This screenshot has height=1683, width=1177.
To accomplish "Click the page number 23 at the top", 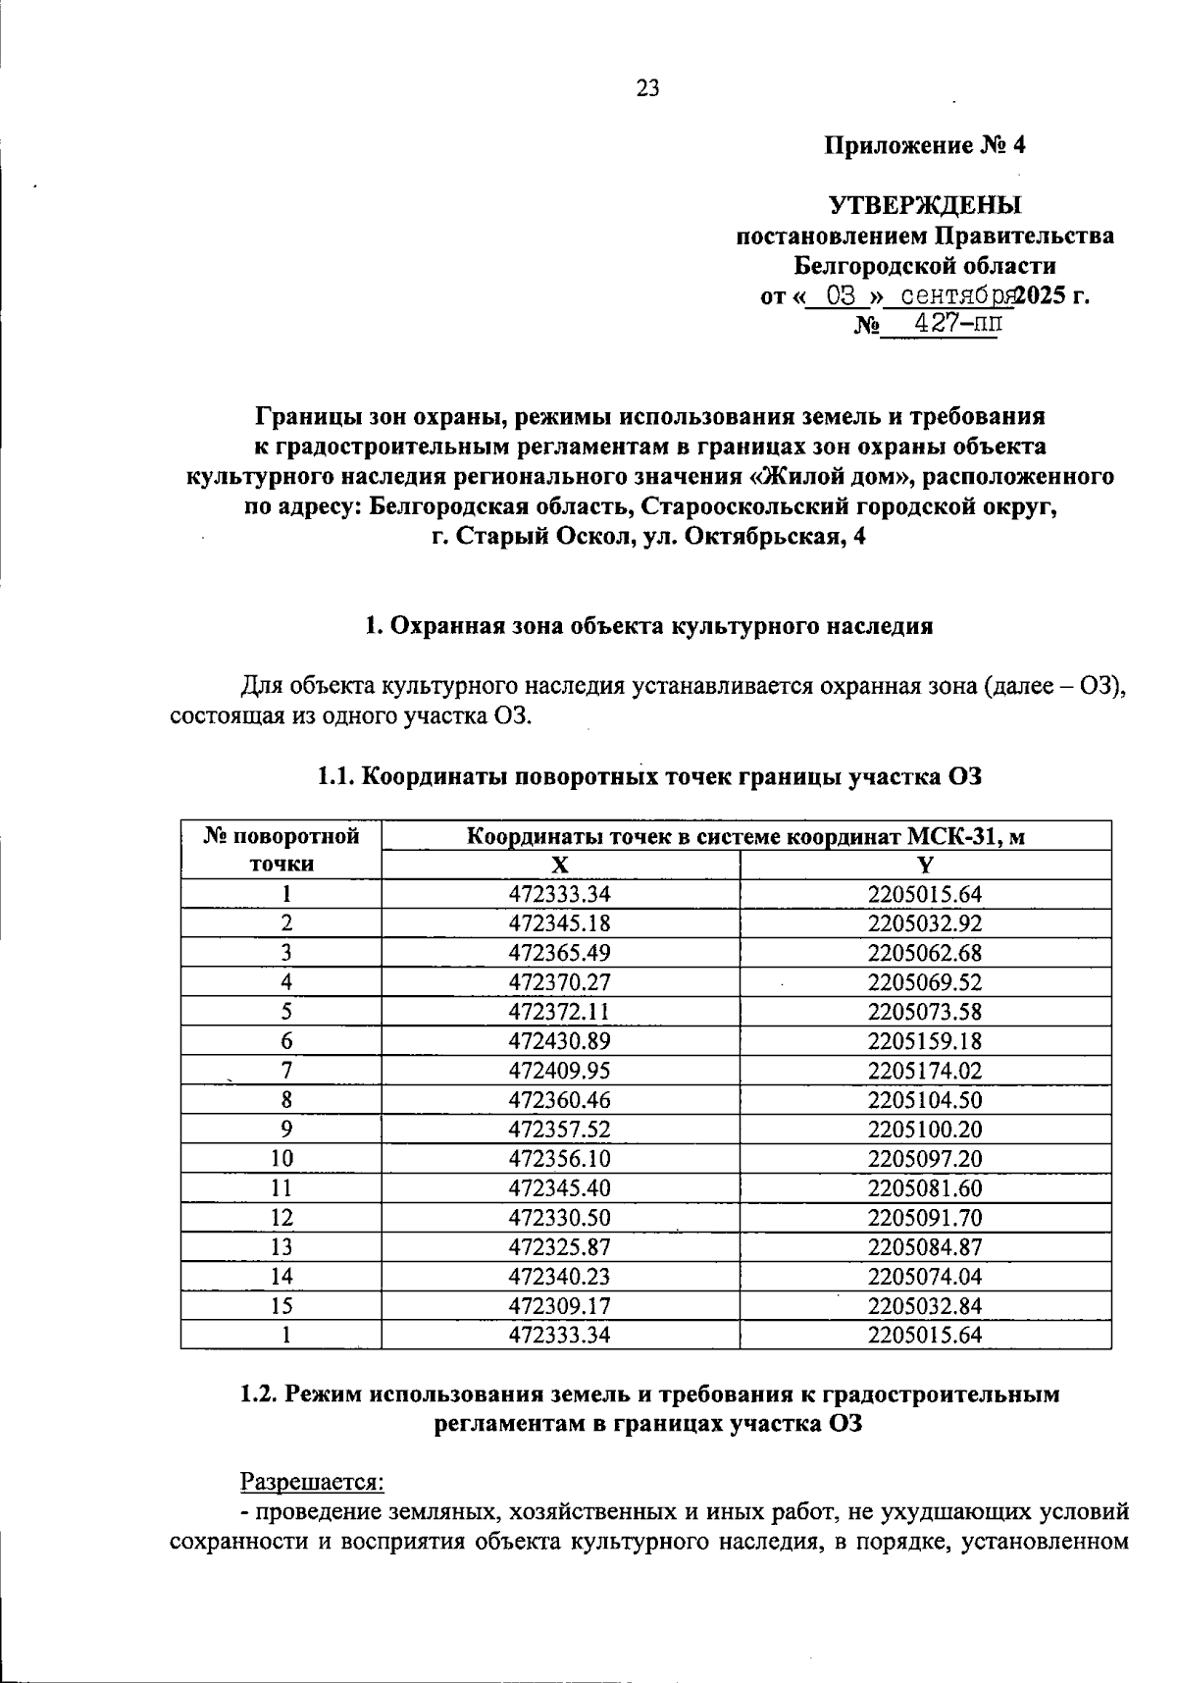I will tap(648, 89).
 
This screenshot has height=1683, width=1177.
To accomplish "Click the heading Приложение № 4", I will tap(924, 146).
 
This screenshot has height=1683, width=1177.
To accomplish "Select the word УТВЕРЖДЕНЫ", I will tap(925, 206).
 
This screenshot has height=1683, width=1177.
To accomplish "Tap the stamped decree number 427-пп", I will tap(947, 324).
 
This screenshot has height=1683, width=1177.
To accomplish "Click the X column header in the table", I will tap(559, 865).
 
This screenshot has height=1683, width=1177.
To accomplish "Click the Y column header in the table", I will tap(924, 865).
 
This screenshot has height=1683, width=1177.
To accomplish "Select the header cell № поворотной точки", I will tap(281, 850).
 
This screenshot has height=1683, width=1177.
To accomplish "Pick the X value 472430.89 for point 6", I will tap(559, 1041).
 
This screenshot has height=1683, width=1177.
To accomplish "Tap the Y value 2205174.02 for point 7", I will tap(924, 1071).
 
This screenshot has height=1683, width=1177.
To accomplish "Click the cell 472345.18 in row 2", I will tap(559, 923).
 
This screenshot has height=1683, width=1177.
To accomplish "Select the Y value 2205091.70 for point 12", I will tap(924, 1218).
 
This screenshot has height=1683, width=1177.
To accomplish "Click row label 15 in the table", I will tap(281, 1306).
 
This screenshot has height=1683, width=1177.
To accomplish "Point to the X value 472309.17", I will tap(559, 1306).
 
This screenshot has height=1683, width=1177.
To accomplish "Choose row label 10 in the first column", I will tap(281, 1159).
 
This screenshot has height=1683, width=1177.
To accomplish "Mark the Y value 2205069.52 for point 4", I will tap(924, 982).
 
